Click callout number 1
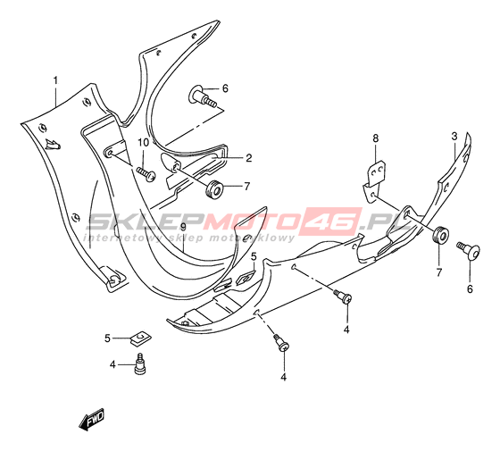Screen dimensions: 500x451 55,80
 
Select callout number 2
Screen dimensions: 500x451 249,158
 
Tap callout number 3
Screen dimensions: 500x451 454,136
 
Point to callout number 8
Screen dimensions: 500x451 376,138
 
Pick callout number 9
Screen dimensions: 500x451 183,227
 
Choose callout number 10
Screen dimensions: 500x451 144,143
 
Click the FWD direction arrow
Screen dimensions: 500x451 92,418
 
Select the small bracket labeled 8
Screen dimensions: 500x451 374,182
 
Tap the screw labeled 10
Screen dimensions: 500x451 146,174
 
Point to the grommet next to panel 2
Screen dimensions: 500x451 214,190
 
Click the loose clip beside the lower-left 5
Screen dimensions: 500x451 141,338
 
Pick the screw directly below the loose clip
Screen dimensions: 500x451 140,363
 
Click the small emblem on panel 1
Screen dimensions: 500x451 53,145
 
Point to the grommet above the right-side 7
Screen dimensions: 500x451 441,235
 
